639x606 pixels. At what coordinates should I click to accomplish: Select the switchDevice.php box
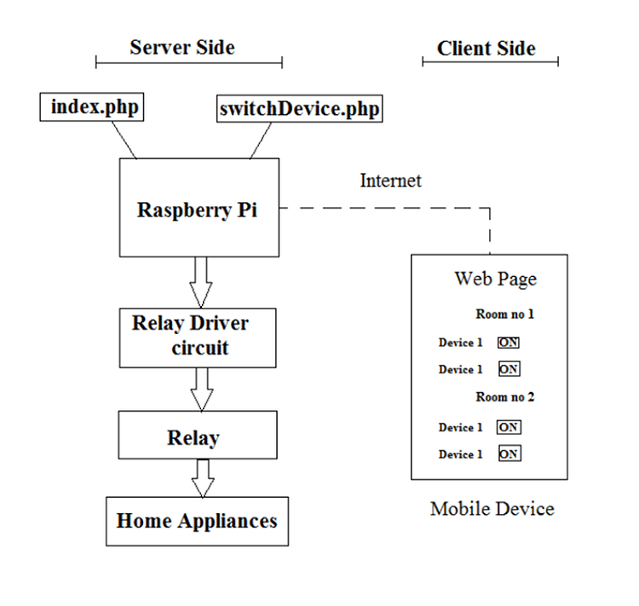(298, 109)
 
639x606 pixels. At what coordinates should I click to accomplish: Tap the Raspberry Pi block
(198, 208)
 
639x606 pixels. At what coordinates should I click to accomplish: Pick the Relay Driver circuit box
(197, 337)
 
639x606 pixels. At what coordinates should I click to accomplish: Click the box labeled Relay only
(197, 436)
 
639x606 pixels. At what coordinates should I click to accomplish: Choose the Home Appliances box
(197, 521)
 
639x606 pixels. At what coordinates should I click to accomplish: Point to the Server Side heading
(181, 47)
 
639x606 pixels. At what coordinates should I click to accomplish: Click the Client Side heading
(486, 49)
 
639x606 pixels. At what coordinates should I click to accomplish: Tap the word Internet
(390, 181)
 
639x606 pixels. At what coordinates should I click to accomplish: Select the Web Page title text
(495, 279)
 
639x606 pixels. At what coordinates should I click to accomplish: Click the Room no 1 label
(504, 315)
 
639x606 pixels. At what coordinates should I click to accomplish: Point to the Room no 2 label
(504, 397)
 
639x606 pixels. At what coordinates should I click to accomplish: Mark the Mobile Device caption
(492, 509)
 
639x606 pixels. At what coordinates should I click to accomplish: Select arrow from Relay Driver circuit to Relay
(201, 390)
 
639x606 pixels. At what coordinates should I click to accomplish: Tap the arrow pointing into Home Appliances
(203, 478)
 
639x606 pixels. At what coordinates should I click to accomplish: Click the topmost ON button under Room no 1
(509, 343)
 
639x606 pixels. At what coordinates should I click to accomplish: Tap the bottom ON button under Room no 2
(509, 454)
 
